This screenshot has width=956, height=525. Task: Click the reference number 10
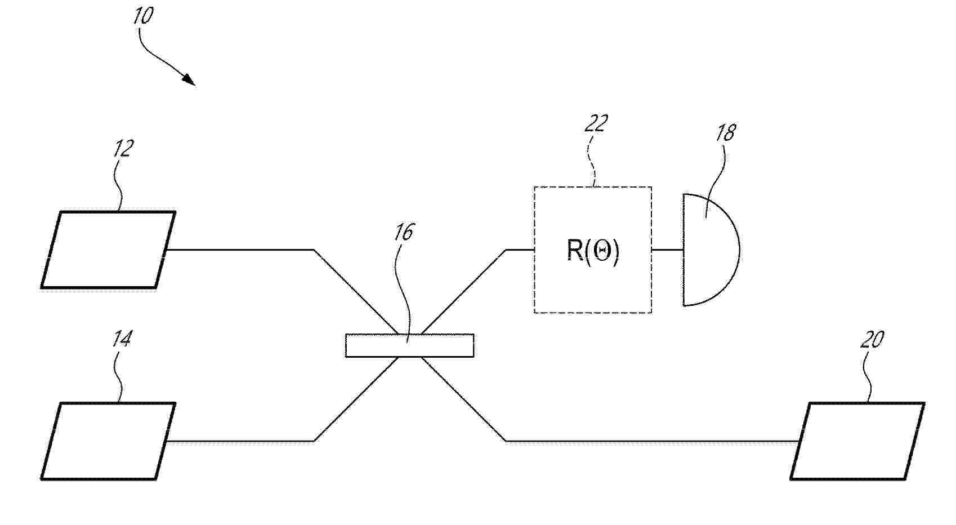click(143, 16)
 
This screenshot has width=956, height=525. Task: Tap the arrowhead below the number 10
click(189, 79)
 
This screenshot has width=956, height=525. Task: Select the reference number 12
click(123, 149)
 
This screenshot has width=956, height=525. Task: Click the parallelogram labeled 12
click(109, 250)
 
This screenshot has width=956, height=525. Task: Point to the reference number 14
click(122, 339)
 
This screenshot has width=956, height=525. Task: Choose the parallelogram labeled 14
click(109, 441)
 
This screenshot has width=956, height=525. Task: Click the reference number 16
click(404, 233)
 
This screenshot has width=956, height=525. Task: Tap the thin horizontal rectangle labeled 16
click(410, 345)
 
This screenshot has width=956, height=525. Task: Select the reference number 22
click(596, 123)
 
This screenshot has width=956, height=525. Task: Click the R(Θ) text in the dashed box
click(593, 251)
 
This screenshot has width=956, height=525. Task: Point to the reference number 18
click(726, 133)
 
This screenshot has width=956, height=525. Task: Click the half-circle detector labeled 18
click(711, 250)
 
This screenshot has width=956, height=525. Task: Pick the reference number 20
click(872, 340)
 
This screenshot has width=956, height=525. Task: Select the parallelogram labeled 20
click(857, 441)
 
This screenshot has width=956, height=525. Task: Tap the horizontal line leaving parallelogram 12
click(240, 250)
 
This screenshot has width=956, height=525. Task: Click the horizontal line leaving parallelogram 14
click(240, 441)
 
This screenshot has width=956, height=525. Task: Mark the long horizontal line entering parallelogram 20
click(653, 441)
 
